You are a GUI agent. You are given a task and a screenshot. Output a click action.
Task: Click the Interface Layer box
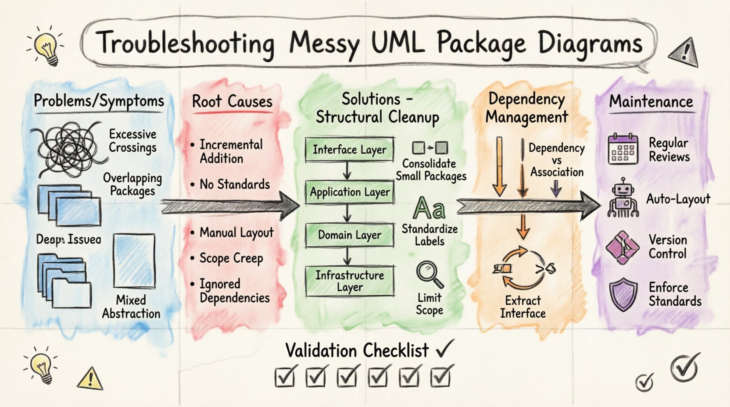pos(349,150)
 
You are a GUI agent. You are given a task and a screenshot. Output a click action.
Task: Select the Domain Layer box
pos(349,235)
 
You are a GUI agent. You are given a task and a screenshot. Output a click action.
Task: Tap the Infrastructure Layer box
pos(349,281)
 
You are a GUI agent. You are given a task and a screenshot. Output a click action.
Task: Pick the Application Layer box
pos(349,192)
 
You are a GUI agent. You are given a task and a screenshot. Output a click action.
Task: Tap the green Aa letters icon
pos(429,208)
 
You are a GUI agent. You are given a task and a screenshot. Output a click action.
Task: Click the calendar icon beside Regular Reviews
pos(623,150)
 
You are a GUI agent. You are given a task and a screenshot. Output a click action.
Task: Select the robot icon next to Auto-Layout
pos(623,198)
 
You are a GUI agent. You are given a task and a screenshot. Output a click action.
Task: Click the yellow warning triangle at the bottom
pos(90,378)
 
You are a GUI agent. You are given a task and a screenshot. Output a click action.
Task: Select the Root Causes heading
pos(232,102)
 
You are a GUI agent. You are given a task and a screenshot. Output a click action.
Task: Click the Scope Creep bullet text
pos(231,258)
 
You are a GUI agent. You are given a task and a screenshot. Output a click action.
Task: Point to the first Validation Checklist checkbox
pos(285,376)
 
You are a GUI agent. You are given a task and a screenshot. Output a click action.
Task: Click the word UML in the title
pos(397,44)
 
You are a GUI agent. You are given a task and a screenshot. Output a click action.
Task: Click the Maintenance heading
pos(651,102)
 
